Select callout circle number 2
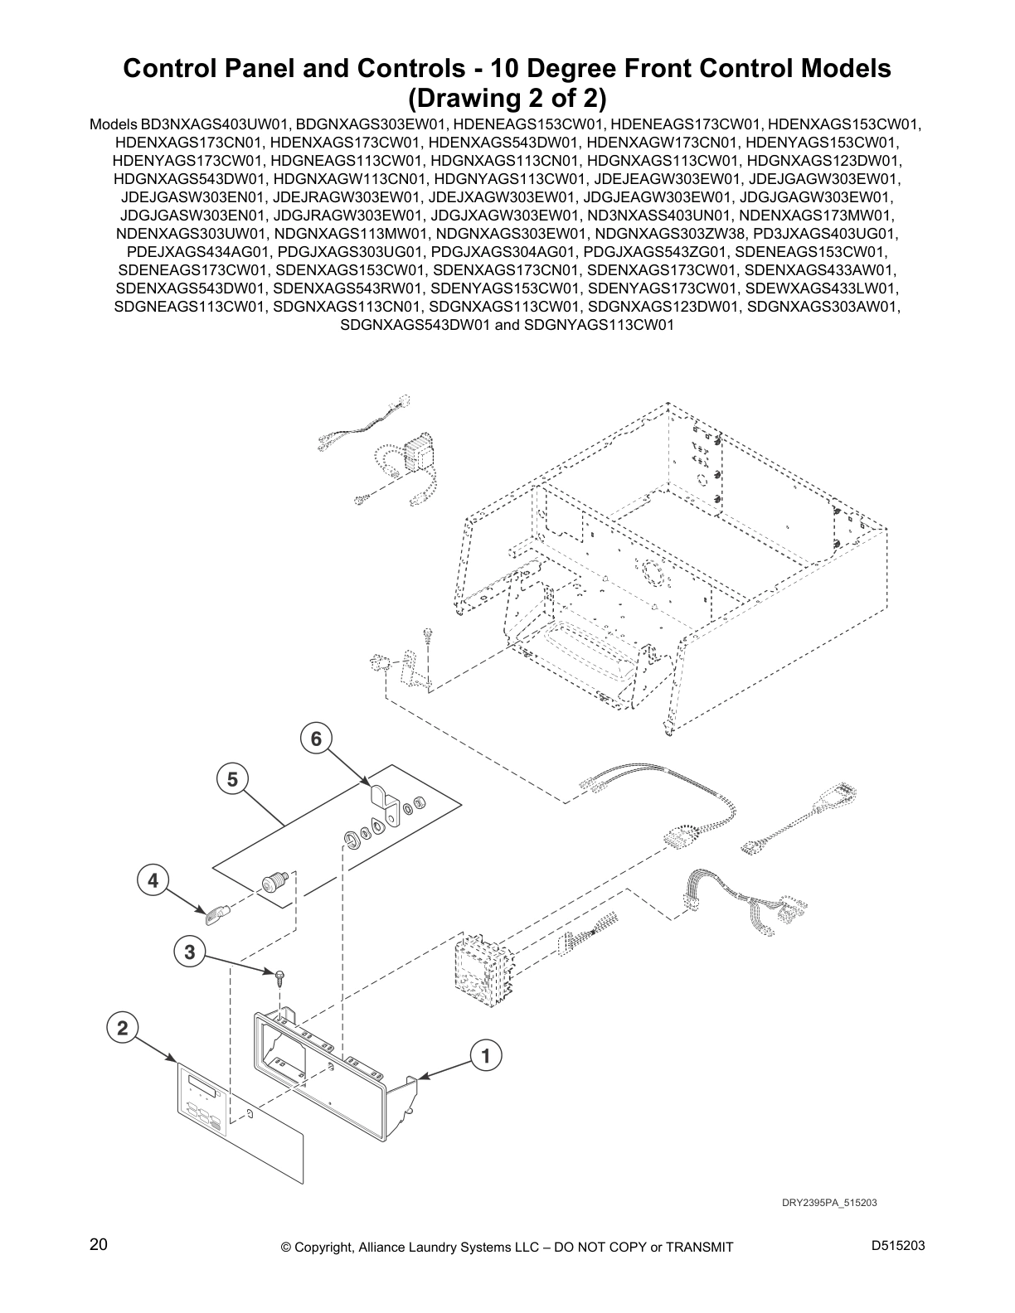(123, 1029)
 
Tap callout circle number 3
(190, 952)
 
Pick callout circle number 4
(153, 880)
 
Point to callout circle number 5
(232, 779)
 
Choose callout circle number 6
(316, 738)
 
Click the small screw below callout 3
(282, 976)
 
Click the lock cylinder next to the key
(274, 881)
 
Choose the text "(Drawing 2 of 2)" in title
(507, 98)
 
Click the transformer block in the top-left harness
(417, 453)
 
